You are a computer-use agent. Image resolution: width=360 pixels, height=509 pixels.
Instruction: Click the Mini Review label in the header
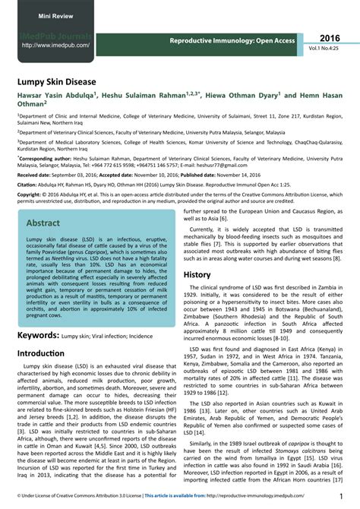coord(37,14)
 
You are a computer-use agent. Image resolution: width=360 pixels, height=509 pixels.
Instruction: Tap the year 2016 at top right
coord(330,38)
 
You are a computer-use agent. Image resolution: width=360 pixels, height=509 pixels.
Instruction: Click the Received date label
coord(36,175)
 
